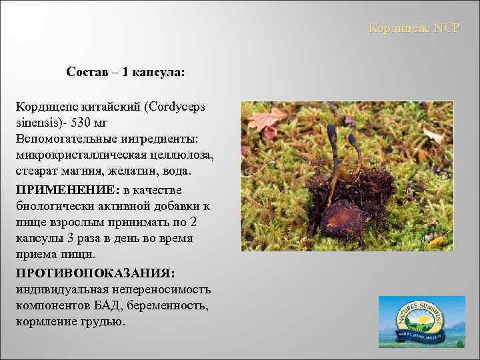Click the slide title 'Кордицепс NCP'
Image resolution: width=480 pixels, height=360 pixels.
(414, 29)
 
